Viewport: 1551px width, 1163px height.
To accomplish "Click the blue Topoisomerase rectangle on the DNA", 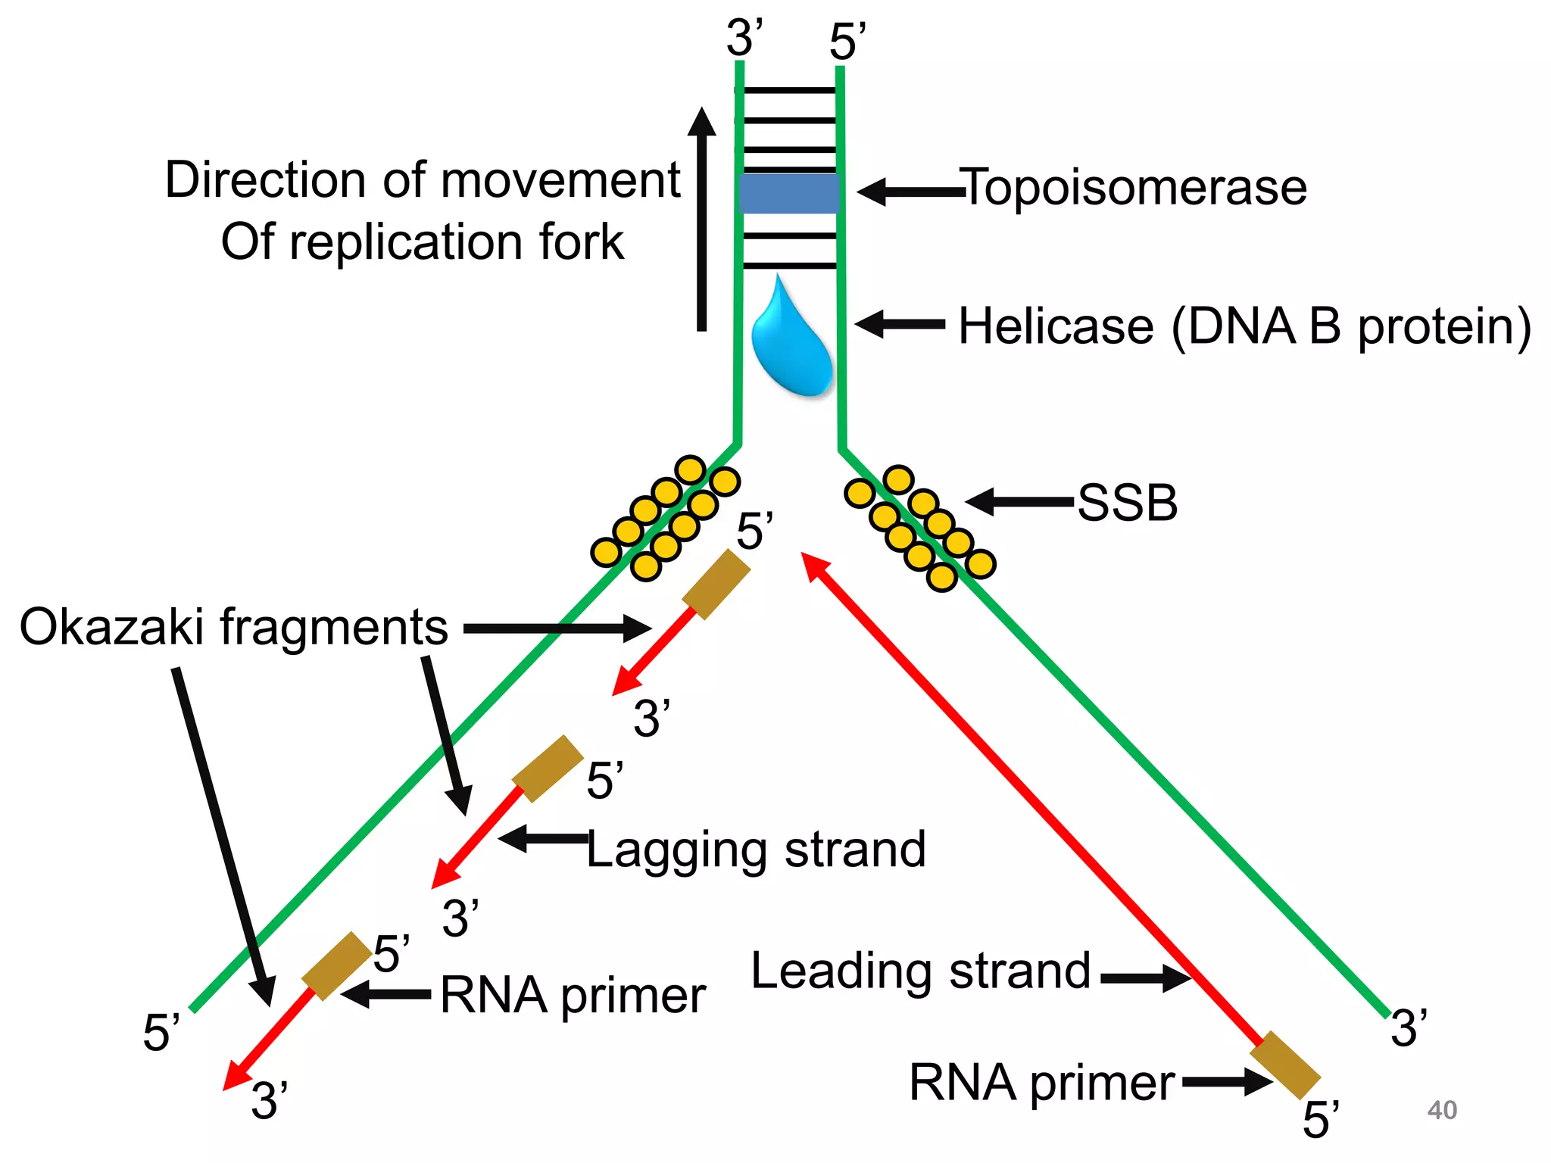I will [x=789, y=194].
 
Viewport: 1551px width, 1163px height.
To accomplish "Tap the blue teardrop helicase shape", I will [x=791, y=348].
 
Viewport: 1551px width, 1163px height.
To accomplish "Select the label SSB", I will [x=1127, y=503].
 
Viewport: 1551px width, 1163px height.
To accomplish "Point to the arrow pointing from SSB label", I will [x=1019, y=501].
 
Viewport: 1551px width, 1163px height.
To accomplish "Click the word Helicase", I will [x=1056, y=327].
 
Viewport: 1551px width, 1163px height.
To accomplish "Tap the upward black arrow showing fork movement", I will [x=702, y=220].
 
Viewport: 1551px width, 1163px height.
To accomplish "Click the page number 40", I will [x=1441, y=1110].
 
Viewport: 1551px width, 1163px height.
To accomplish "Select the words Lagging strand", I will [x=756, y=850].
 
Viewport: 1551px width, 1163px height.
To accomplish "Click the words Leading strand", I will [x=920, y=971].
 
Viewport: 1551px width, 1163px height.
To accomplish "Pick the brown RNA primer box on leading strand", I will [x=1284, y=1065].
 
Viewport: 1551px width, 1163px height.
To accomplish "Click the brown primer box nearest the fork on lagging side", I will [x=716, y=585].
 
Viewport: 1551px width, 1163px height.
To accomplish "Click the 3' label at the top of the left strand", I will [x=744, y=38].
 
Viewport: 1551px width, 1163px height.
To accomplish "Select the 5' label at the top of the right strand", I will [x=847, y=42].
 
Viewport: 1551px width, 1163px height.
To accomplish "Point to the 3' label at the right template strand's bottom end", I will [x=1409, y=1028].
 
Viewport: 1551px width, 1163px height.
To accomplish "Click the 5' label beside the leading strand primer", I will [x=1320, y=1119].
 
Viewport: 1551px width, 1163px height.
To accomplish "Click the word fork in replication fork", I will [x=581, y=242].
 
